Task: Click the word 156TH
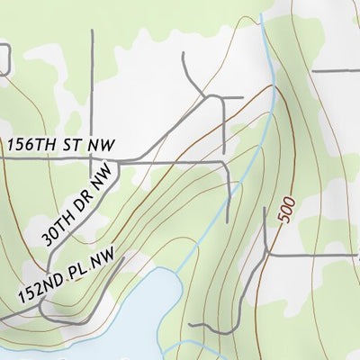31,144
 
